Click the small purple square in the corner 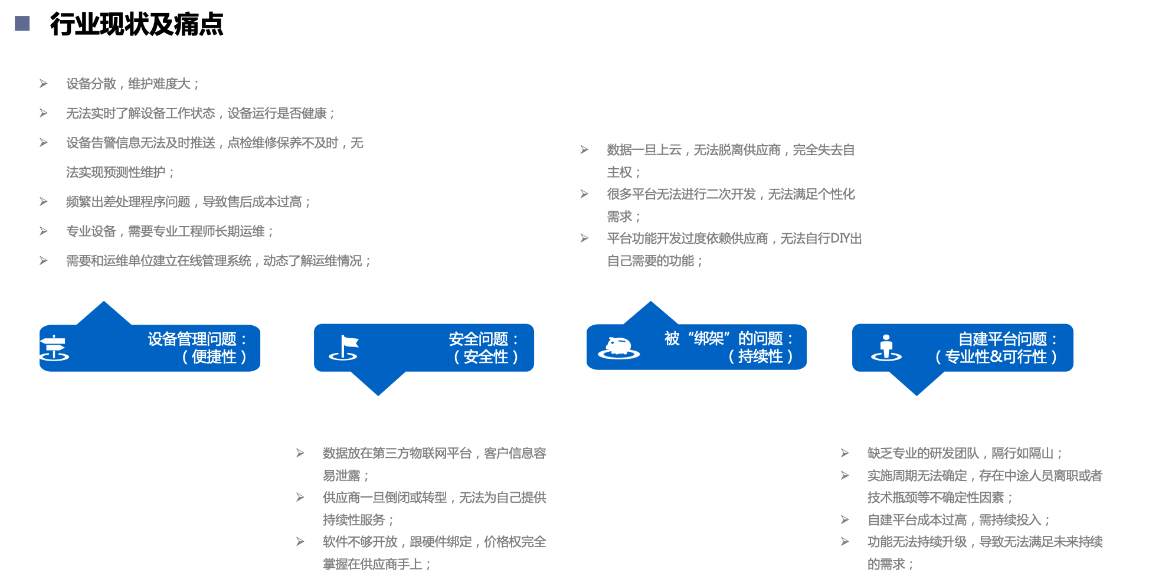pyautogui.click(x=22, y=24)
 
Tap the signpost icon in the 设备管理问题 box pyautogui.click(x=54, y=348)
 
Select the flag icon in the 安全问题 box pyautogui.click(x=345, y=348)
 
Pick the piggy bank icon pyautogui.click(x=618, y=347)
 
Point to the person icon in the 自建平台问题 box pyautogui.click(x=886, y=348)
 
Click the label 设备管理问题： pyautogui.click(x=198, y=339)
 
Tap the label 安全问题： pyautogui.click(x=484, y=339)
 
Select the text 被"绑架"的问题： pyautogui.click(x=729, y=338)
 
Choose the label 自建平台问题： pyautogui.click(x=1008, y=339)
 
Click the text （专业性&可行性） pyautogui.click(x=996, y=356)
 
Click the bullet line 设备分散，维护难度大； pyautogui.click(x=133, y=84)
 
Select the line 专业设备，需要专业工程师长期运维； pyautogui.click(x=170, y=231)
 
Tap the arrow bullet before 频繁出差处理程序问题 pyautogui.click(x=44, y=202)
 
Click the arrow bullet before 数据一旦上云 pyautogui.click(x=584, y=150)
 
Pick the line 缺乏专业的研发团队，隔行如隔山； pyautogui.click(x=965, y=453)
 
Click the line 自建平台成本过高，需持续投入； pyautogui.click(x=959, y=520)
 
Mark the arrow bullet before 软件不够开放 pyautogui.click(x=300, y=542)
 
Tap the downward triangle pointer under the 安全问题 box pyautogui.click(x=378, y=384)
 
